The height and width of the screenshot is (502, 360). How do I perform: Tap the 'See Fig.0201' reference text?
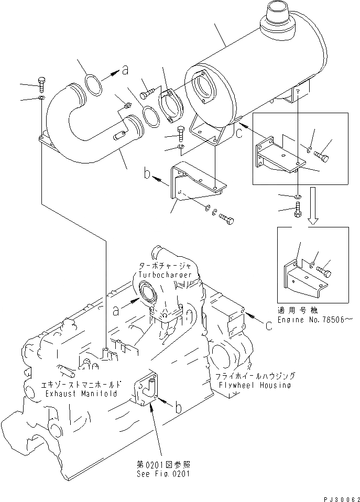coord(161,475)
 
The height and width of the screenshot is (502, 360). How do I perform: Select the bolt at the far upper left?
coord(42,83)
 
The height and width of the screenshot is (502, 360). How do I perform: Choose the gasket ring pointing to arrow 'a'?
coord(93,86)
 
